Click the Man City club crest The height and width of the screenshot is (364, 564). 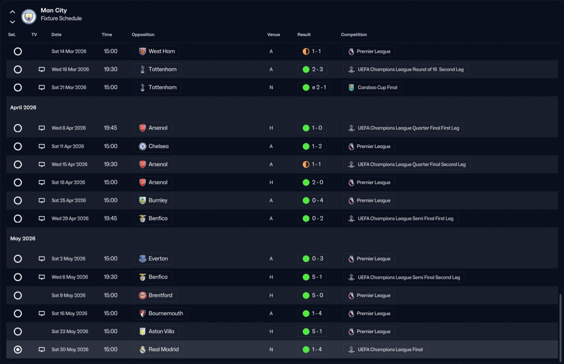click(x=29, y=16)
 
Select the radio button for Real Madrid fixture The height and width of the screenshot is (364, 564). click(x=18, y=349)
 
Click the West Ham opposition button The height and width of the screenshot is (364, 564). click(x=157, y=52)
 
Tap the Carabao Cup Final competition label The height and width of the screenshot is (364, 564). click(x=372, y=88)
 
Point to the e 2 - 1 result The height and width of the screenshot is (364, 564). click(x=314, y=88)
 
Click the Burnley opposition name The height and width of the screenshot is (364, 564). click(x=158, y=201)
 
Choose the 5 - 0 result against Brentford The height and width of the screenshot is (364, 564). click(x=312, y=295)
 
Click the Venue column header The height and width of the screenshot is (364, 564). click(x=273, y=35)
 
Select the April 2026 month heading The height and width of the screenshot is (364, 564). click(x=23, y=108)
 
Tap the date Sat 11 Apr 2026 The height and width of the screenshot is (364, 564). click(x=67, y=146)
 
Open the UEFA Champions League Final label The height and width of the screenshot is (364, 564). click(x=385, y=349)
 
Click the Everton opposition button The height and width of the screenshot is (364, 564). click(x=153, y=259)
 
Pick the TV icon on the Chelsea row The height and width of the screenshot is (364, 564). click(x=42, y=146)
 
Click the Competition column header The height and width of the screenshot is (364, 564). click(x=354, y=35)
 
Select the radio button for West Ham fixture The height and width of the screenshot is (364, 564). click(x=18, y=52)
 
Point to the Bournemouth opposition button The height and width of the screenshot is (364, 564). click(x=161, y=313)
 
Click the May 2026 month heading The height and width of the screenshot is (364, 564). click(x=23, y=238)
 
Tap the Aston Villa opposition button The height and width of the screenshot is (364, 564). click(x=156, y=331)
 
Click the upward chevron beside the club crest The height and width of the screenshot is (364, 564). click(x=12, y=12)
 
